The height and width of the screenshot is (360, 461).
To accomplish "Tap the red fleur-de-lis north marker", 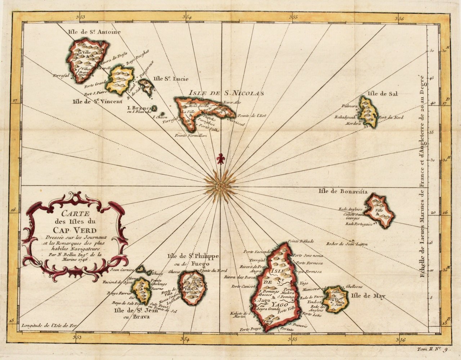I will (220, 159).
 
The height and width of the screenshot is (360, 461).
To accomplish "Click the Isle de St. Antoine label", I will (94, 32).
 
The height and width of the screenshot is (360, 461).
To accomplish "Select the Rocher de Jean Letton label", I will (347, 244).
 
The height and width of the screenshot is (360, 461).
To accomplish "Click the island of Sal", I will (369, 112).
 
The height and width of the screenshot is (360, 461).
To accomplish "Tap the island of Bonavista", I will (379, 210).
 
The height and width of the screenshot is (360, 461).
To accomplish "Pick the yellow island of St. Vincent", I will (121, 79).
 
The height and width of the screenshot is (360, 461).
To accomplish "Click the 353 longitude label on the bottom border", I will (77, 337).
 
